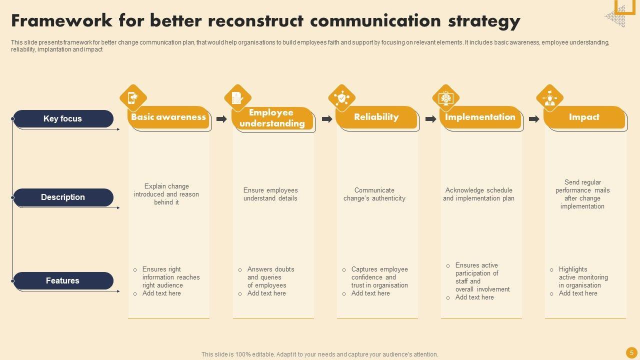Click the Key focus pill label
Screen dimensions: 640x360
(x=63, y=118)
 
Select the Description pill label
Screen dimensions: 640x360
(x=63, y=197)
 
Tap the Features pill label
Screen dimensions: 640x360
(x=63, y=280)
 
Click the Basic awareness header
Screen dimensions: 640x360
(x=168, y=117)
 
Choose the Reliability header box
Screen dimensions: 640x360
(x=376, y=117)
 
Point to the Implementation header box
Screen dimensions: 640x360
(x=480, y=117)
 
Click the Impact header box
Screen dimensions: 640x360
(x=584, y=117)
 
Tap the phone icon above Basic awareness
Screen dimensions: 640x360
(x=133, y=98)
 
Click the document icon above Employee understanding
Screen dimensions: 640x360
(x=237, y=98)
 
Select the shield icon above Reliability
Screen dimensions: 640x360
(x=341, y=98)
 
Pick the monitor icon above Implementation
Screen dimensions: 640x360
(x=445, y=98)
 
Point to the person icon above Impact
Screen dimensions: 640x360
(x=549, y=98)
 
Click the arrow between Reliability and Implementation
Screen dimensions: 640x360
(x=431, y=119)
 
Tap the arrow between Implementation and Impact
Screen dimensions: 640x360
(x=534, y=119)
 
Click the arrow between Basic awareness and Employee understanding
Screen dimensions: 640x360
(x=221, y=119)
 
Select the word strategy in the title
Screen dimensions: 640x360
(x=484, y=21)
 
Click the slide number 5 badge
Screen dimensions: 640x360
(x=631, y=353)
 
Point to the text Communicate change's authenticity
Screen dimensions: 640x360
(x=374, y=194)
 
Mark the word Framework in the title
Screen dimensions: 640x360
(x=61, y=20)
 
